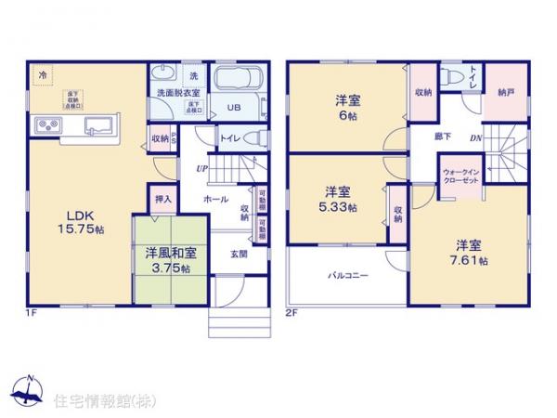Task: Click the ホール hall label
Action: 215,199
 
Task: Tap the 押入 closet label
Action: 162,198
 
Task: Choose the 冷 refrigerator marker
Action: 42,73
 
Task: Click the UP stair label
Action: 201,168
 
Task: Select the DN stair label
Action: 474,139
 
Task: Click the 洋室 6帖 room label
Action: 347,110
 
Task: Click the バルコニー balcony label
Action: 347,276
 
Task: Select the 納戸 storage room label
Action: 505,92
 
